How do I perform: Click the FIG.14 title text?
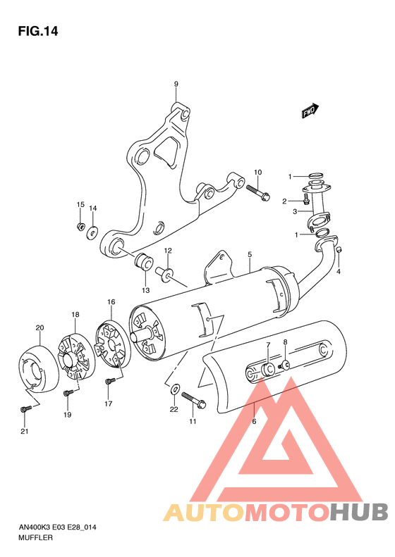37,31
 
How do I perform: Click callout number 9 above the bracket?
176,85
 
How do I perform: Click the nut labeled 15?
81,226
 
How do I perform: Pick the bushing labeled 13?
144,262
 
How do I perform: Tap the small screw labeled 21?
26,408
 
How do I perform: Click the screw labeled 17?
109,381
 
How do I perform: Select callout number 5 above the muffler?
250,254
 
